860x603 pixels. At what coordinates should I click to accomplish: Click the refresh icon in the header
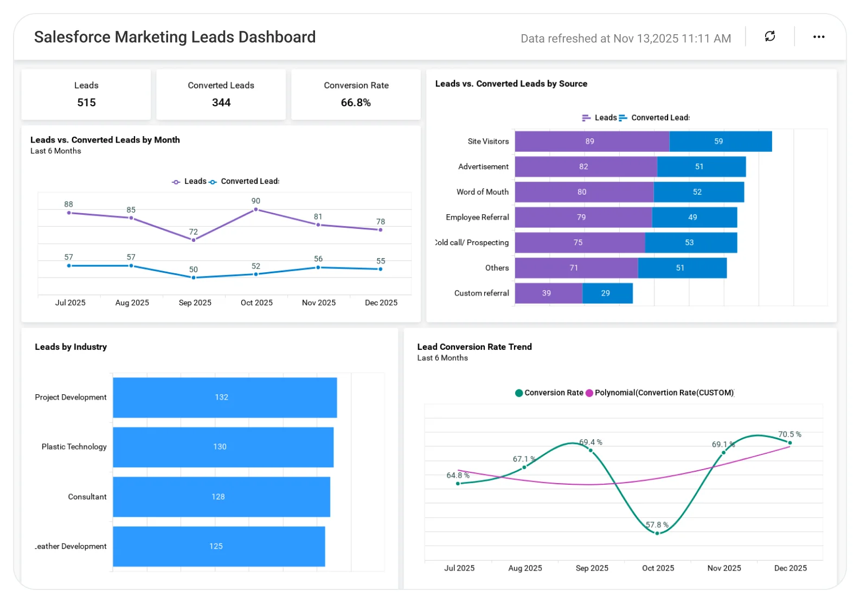click(769, 36)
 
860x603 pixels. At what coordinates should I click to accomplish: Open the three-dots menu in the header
click(818, 37)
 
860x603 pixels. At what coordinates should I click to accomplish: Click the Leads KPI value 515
click(86, 102)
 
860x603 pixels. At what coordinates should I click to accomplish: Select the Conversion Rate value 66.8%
click(356, 102)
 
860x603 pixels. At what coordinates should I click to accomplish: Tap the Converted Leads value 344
click(221, 102)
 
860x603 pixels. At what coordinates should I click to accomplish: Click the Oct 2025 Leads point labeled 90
click(255, 209)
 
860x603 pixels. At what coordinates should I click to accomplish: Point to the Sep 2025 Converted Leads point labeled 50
click(194, 278)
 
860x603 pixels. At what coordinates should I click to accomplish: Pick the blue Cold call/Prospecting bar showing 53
click(690, 243)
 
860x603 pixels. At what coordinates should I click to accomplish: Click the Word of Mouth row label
click(482, 192)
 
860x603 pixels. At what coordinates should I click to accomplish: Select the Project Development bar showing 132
click(224, 397)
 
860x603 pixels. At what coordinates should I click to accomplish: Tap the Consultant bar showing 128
click(221, 497)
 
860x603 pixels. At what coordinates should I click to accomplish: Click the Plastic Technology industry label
click(74, 447)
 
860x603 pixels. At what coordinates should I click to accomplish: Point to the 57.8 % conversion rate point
click(657, 533)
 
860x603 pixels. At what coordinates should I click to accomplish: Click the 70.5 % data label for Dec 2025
click(790, 434)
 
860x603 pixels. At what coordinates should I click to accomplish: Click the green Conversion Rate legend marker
click(519, 393)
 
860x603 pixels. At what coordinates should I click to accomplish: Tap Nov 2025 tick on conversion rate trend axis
click(724, 568)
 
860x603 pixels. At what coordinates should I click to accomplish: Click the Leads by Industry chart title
click(70, 347)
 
